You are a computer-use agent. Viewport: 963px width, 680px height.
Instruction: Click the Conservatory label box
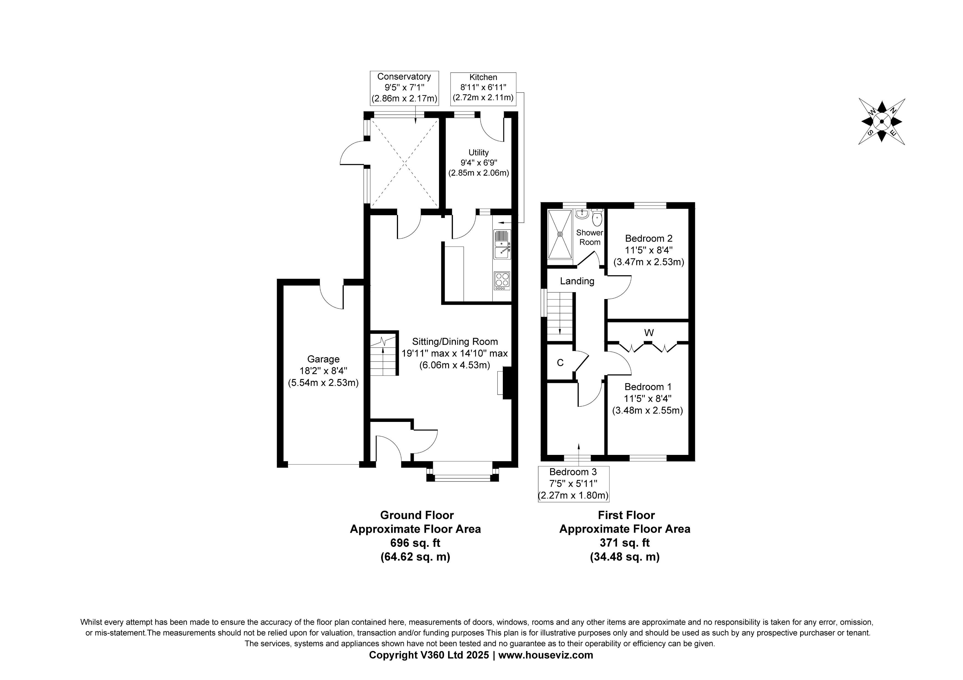click(x=404, y=88)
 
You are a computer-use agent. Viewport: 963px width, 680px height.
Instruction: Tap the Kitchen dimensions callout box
click(x=483, y=88)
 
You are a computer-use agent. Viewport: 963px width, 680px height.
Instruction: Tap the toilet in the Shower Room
click(x=597, y=218)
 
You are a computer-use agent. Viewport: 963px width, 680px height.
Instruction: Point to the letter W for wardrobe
click(x=649, y=333)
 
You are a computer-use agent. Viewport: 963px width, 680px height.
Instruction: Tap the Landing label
click(x=577, y=281)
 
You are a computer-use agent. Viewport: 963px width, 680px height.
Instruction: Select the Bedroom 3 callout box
click(x=573, y=484)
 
